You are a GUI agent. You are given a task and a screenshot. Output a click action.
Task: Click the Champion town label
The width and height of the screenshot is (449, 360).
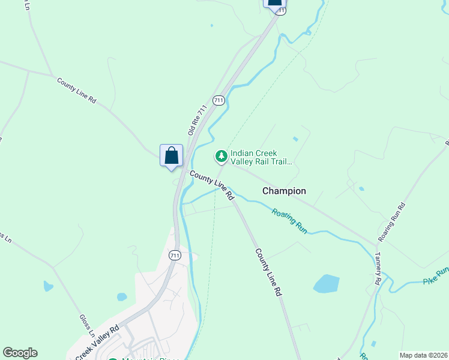click(284, 191)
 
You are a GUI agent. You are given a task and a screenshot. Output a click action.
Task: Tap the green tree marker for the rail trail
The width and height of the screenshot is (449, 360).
click(221, 157)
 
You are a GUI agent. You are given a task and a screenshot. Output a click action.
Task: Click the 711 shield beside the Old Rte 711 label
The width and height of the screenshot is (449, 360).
click(218, 100)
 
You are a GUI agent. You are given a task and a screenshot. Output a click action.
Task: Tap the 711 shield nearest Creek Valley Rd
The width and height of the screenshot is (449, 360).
click(174, 255)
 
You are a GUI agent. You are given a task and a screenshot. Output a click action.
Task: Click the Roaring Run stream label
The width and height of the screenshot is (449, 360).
click(289, 220)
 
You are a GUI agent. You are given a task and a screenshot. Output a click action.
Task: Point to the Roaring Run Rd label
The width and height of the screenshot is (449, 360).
click(392, 223)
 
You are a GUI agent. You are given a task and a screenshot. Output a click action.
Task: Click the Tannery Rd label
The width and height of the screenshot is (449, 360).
click(378, 268)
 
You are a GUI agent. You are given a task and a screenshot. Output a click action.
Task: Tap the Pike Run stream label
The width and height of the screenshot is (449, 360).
click(436, 276)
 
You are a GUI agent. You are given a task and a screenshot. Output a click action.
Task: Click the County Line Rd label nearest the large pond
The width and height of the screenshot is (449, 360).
click(268, 272)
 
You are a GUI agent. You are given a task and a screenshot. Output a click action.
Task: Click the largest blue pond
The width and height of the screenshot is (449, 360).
click(326, 283)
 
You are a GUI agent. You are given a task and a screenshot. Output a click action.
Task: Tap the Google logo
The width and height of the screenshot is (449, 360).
click(20, 353)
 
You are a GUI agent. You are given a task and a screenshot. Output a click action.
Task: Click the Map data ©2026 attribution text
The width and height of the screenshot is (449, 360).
click(423, 355)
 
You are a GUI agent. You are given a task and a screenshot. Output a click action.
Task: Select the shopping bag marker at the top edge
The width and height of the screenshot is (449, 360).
click(274, 2)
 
